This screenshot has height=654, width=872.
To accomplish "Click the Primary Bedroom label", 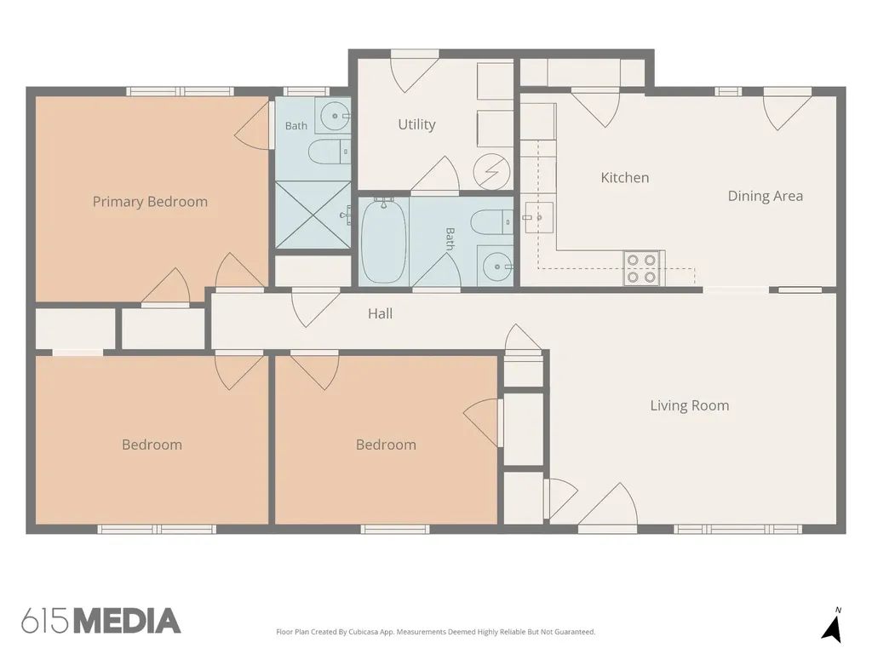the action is pos(150,202).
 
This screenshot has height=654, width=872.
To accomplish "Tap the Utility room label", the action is pos(416,124).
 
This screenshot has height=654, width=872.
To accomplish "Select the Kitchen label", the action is pos(624,177).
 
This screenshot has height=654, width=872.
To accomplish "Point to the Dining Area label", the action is pos(766,197).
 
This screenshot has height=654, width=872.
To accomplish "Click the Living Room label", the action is pos(690,405).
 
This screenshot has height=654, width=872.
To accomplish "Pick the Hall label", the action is pos(381,313).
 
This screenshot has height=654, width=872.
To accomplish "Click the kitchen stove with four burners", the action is pos(641,268).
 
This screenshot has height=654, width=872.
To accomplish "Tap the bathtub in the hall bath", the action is pos(384,241).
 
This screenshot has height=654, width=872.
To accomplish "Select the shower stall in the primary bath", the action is pos(313,215).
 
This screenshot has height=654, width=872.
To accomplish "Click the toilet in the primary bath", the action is pos(329,152).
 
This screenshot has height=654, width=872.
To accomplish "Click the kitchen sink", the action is pos(539,217).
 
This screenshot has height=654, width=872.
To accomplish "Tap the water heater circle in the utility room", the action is pos(491,172).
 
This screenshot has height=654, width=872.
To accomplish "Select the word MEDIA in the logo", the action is pos(128,621).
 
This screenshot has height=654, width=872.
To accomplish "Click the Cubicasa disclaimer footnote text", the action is pos(435,632).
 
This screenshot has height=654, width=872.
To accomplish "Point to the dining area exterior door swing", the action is pos(787,110).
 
